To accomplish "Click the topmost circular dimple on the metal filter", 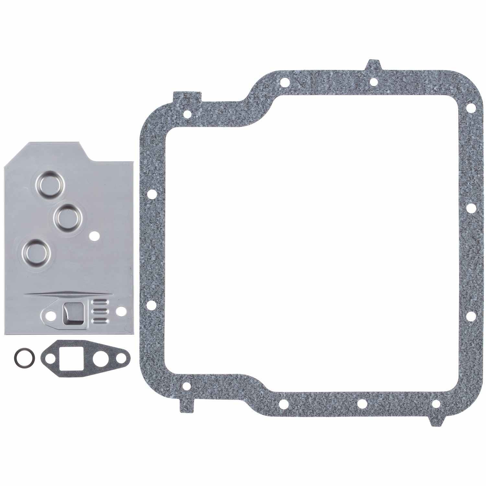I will [x=51, y=182].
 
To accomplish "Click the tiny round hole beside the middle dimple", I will [x=95, y=236].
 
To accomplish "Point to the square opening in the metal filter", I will [x=73, y=309].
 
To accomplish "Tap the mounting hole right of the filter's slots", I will [x=122, y=310].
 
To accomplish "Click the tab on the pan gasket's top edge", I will [x=373, y=65].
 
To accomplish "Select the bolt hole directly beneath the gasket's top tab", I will [x=373, y=82].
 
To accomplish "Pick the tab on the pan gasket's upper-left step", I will [x=187, y=96].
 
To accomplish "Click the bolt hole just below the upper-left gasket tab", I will [x=187, y=114].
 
